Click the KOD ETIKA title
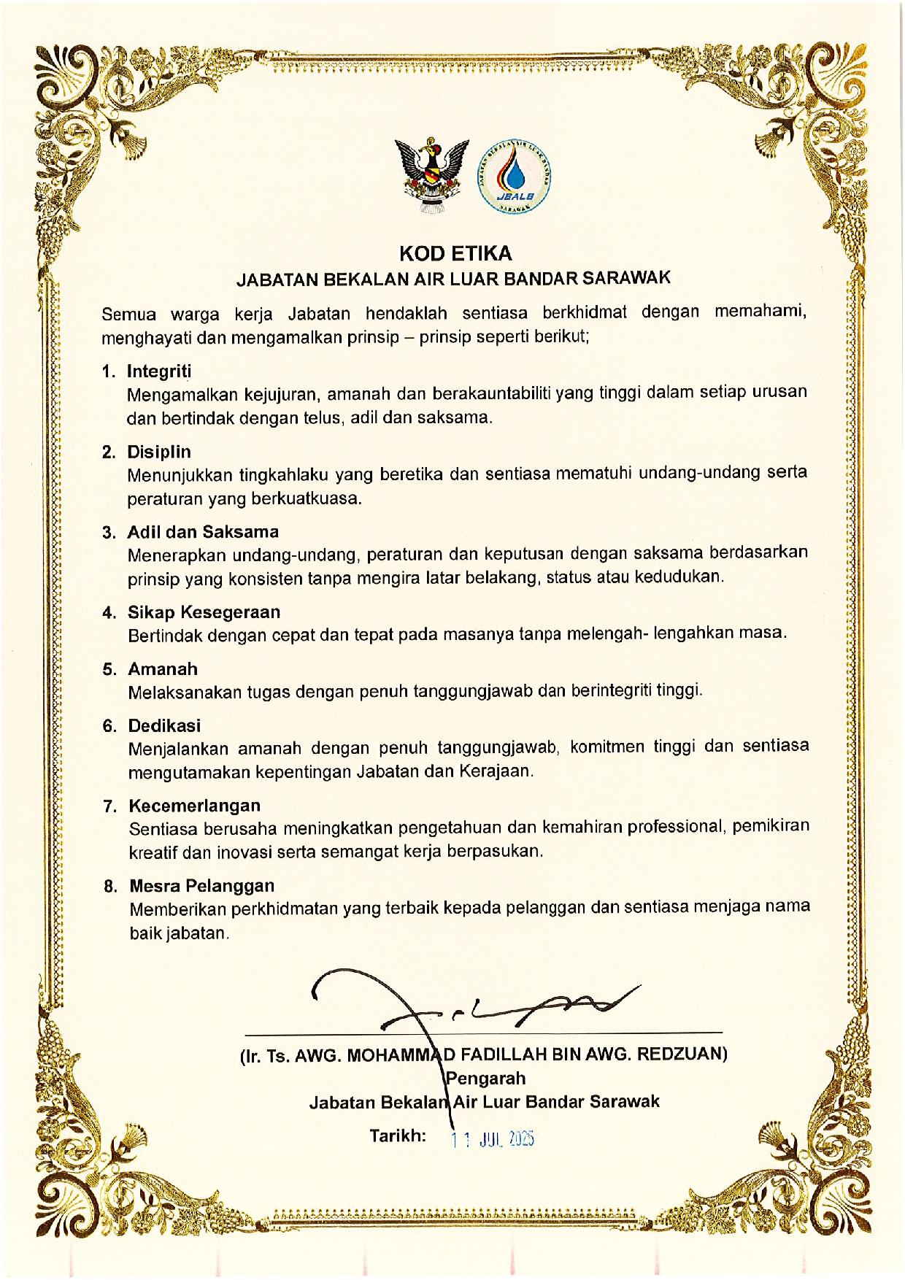click(455, 253)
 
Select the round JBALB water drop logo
click(515, 176)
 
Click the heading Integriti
click(158, 371)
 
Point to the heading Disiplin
click(159, 452)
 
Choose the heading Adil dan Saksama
click(203, 531)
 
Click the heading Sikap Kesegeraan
click(204, 612)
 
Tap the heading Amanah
click(163, 668)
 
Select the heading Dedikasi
click(164, 725)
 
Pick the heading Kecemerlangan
click(195, 806)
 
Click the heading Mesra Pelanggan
click(202, 886)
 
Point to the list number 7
click(110, 806)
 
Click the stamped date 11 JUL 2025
click(493, 1138)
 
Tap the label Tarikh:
click(398, 1136)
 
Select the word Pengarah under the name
click(486, 1078)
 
